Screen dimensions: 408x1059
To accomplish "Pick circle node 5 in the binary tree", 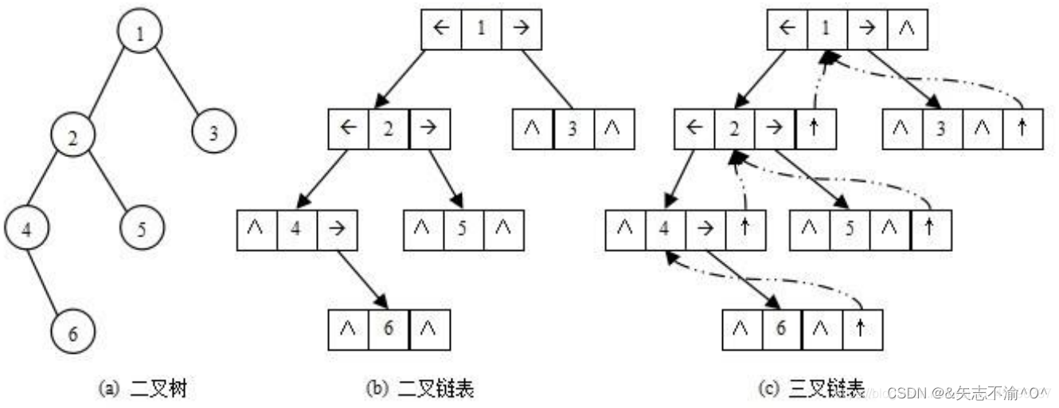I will point(142,230).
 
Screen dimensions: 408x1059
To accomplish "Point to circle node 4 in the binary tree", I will point(26,230).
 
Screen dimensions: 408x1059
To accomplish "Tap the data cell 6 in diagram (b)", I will point(389,328).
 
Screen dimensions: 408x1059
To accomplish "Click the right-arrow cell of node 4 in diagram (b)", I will point(337,229).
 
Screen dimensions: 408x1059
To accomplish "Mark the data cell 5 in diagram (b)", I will point(463,229).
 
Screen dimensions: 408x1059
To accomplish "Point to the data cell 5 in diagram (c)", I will point(850,229).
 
